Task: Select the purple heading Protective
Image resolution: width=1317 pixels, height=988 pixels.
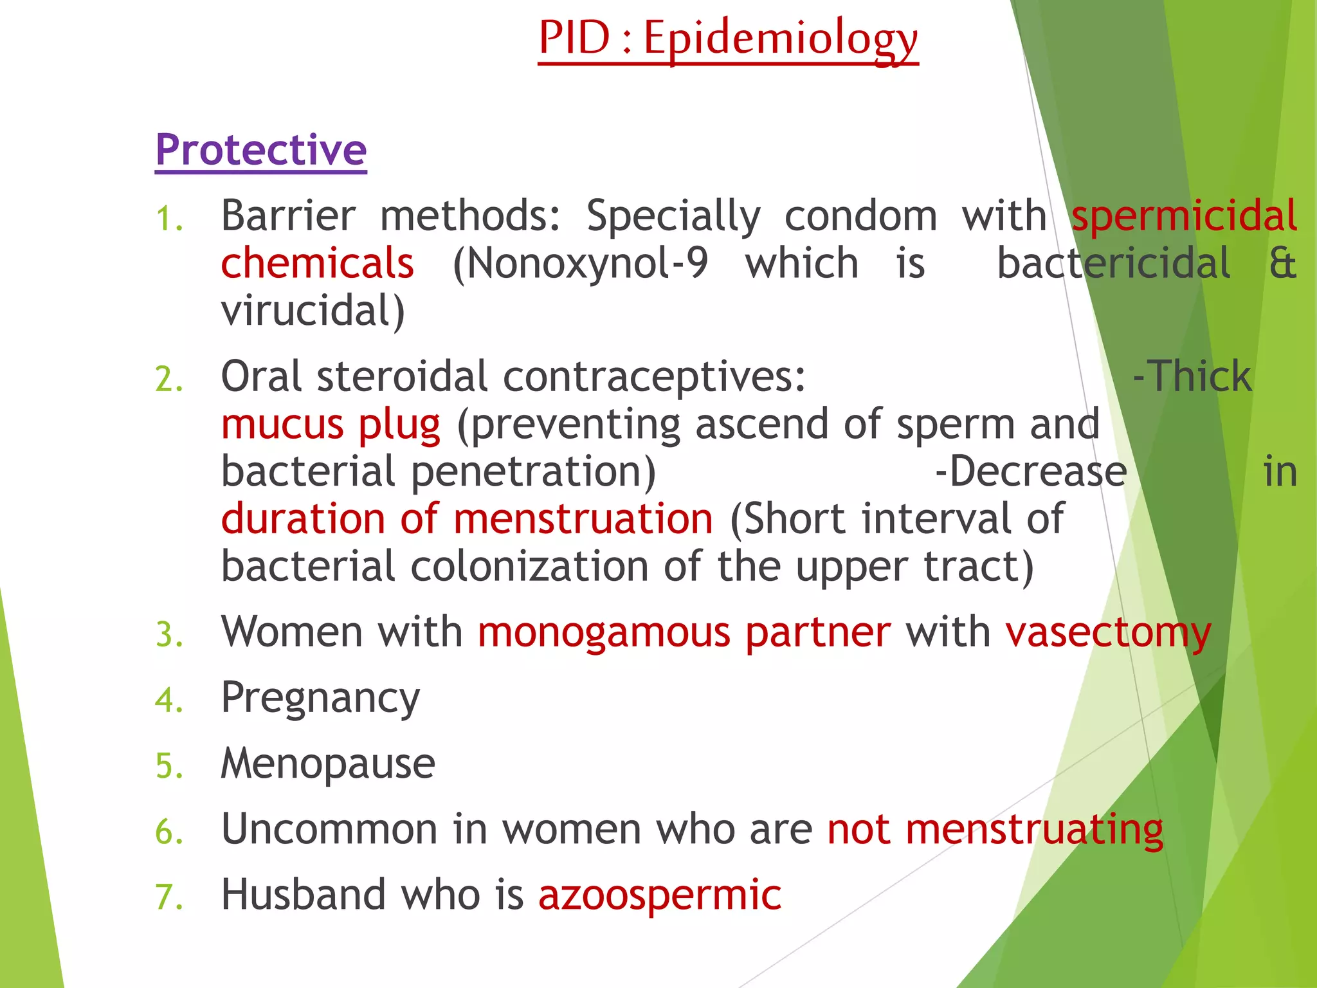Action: point(261,150)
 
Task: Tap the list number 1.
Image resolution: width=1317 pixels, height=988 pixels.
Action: point(168,219)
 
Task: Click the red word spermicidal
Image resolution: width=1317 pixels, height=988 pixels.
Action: point(1184,216)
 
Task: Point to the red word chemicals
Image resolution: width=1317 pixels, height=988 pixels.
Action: point(317,264)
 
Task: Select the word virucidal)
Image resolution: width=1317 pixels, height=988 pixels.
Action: point(313,311)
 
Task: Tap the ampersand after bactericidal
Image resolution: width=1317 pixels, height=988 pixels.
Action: point(1282,264)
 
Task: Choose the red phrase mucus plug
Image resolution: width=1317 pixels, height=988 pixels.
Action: point(331,425)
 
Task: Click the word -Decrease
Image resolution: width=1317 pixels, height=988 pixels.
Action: point(1031,471)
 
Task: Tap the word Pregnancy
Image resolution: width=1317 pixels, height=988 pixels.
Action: point(320,699)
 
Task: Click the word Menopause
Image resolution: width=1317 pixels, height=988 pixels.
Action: point(328,764)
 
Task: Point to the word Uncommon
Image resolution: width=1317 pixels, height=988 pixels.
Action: point(329,829)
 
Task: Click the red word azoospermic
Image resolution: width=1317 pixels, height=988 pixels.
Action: point(660,895)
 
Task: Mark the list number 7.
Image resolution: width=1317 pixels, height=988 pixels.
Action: point(168,897)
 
